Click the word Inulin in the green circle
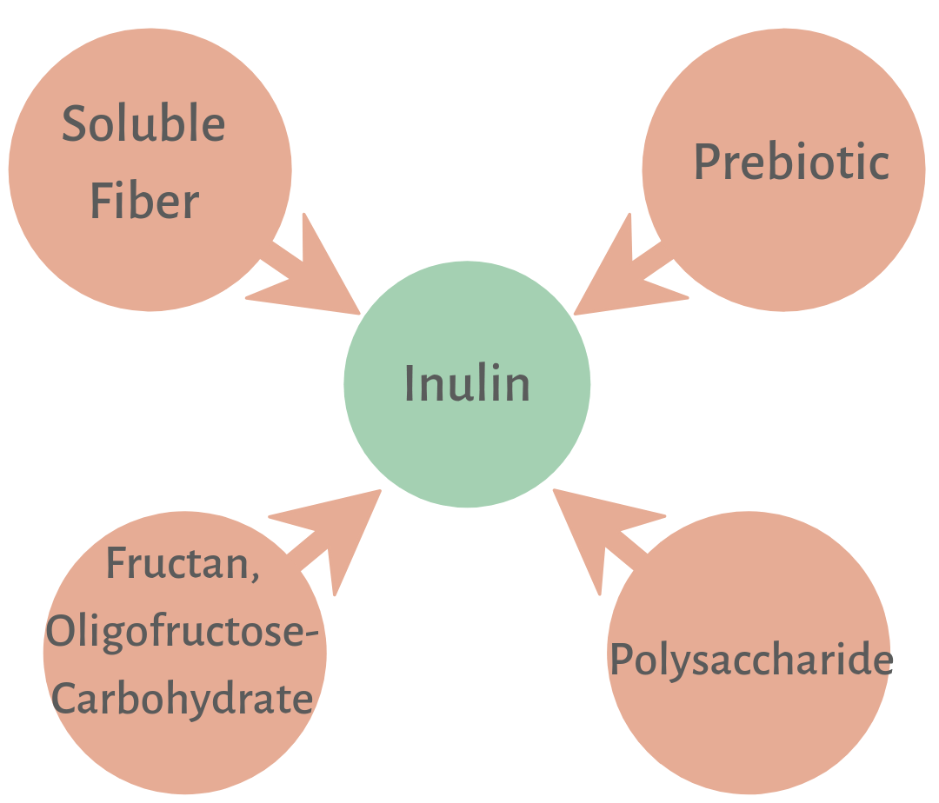pyautogui.click(x=467, y=383)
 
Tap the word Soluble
pyautogui.click(x=143, y=124)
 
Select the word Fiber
pyautogui.click(x=145, y=202)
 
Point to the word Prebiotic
pyautogui.click(x=791, y=162)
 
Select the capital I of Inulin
pyautogui.click(x=410, y=383)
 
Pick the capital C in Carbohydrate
pyautogui.click(x=63, y=699)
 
